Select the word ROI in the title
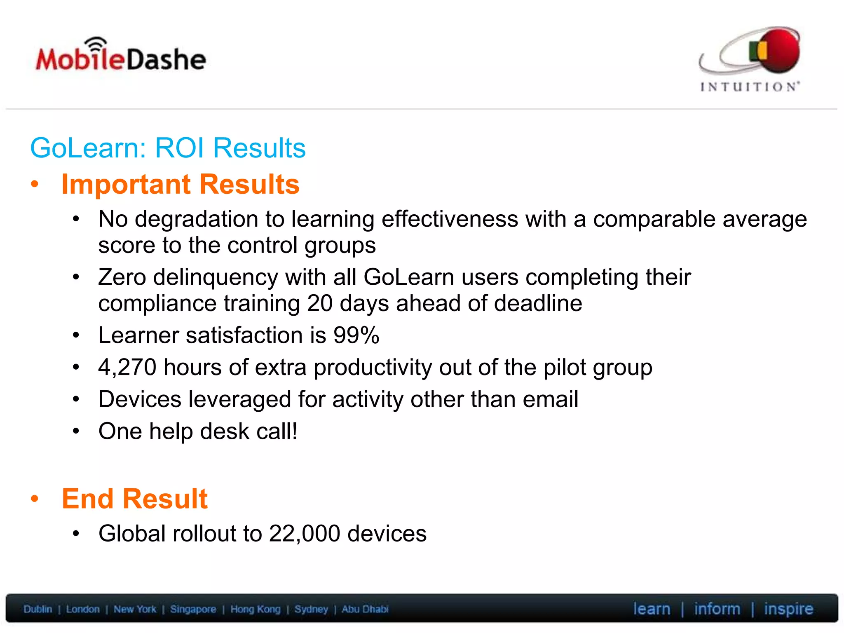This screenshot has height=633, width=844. (179, 148)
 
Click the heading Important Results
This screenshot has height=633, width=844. (181, 184)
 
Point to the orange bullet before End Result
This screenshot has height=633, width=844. (35, 499)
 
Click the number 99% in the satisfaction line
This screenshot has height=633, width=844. (356, 335)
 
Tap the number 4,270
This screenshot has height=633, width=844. (127, 367)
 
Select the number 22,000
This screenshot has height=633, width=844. (305, 534)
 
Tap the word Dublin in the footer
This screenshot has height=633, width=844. (38, 609)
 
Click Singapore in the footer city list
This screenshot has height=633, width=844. (193, 609)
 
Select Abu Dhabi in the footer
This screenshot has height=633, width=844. (365, 609)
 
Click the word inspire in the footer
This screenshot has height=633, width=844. (788, 609)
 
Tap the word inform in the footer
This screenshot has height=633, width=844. (717, 609)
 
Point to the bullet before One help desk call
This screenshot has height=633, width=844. (76, 431)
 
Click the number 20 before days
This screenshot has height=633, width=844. (319, 304)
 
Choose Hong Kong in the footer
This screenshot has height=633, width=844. (255, 609)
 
